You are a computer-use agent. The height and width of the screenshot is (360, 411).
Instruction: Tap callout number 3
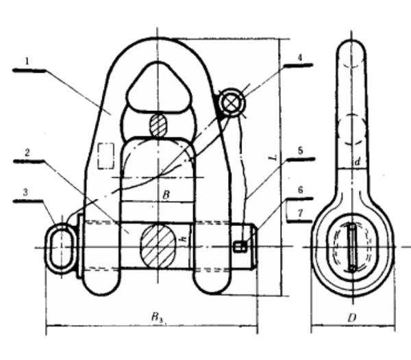(x=26, y=194)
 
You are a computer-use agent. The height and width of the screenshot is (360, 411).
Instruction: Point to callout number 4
(x=299, y=58)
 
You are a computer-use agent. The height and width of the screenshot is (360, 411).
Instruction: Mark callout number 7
(x=299, y=212)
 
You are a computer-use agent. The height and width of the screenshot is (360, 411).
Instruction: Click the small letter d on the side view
(x=356, y=162)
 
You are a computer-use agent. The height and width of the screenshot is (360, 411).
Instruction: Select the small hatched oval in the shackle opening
(x=158, y=125)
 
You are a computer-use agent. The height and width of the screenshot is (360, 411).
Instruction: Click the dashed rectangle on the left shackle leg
(x=105, y=155)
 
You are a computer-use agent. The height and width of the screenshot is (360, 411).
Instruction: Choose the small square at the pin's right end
(x=240, y=246)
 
